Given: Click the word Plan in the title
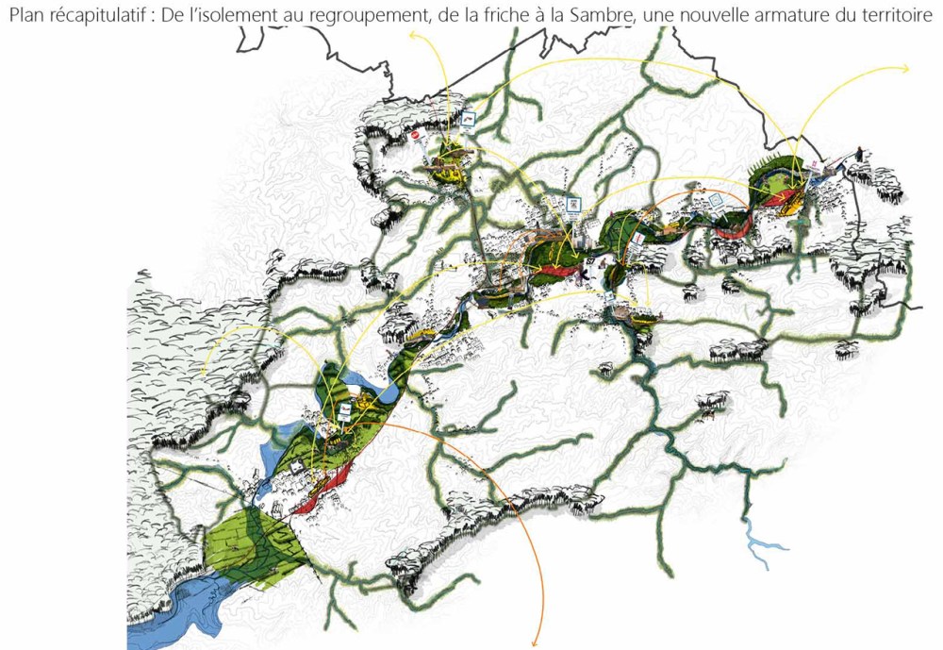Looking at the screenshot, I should tap(25, 15).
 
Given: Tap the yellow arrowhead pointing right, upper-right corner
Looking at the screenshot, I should tap(904, 69).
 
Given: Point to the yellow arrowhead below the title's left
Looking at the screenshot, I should tap(413, 35).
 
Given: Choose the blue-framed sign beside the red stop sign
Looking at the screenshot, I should tap(469, 119).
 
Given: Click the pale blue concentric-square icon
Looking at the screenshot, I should tap(717, 200).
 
